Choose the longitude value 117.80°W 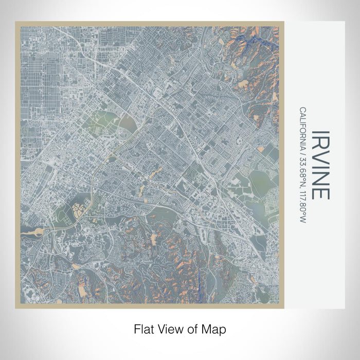coord(302,202)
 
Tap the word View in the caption coord(170,328)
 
